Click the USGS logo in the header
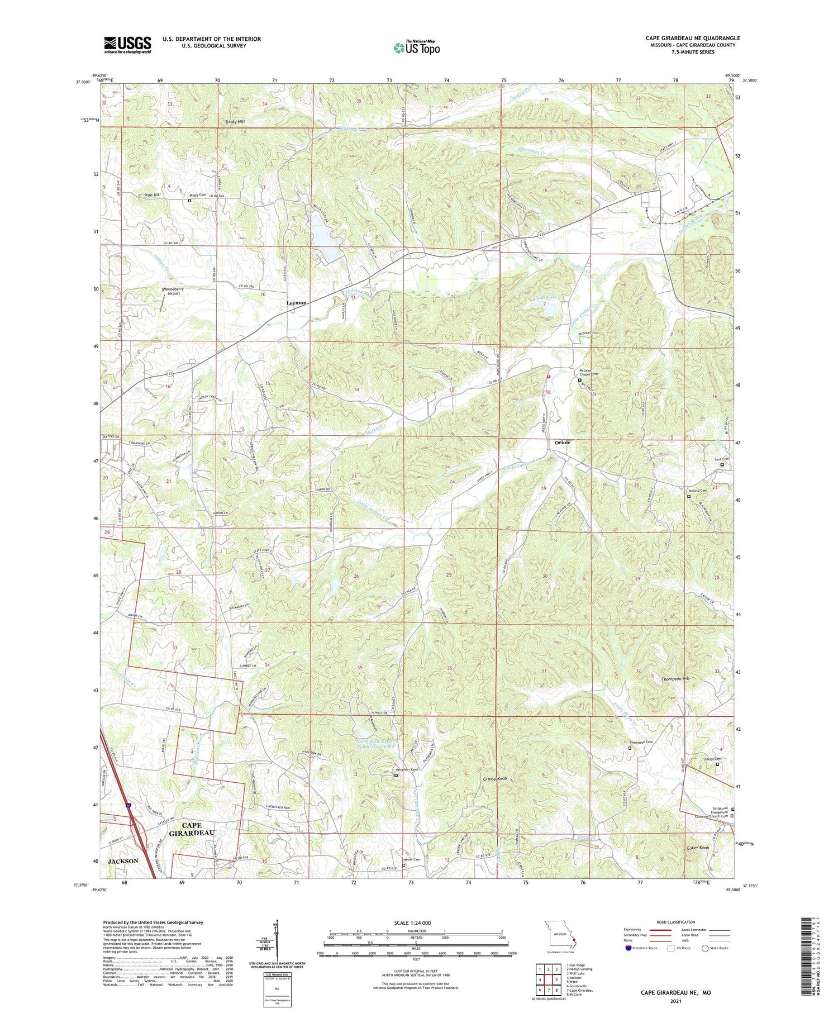[x=127, y=45]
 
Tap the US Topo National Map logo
[x=416, y=47]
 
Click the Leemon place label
[x=297, y=303]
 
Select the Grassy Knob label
[x=495, y=778]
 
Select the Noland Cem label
[x=698, y=491]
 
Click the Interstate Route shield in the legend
[x=629, y=948]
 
